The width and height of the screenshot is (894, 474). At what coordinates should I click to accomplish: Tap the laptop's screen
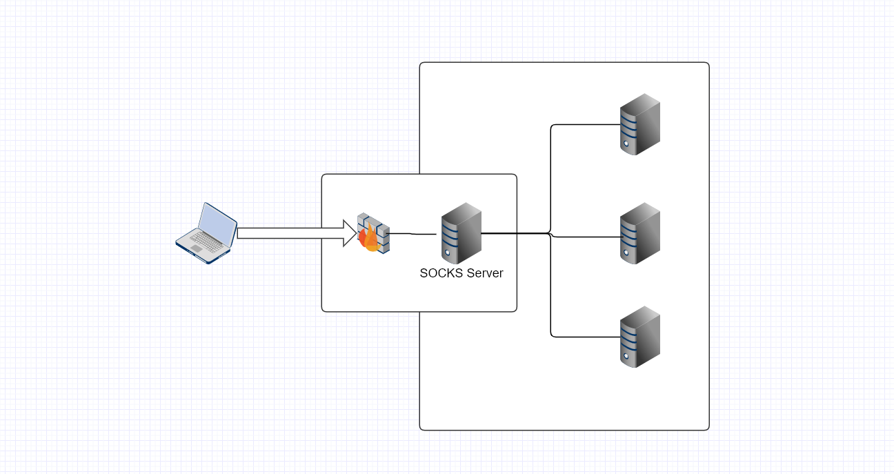217,224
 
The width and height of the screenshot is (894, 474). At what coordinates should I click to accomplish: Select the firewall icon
373,233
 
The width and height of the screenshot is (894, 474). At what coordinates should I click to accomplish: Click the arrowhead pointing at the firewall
348,233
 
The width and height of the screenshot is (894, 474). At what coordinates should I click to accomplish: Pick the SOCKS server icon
461,233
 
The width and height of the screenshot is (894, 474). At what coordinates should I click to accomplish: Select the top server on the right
639,124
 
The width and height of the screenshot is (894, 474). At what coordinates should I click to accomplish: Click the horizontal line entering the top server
586,125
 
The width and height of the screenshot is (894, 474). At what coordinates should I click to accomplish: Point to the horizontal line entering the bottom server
586,337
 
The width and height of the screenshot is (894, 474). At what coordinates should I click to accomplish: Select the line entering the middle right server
586,237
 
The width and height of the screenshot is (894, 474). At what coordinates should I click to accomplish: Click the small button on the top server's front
626,144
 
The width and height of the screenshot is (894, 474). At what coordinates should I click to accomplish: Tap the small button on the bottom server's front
626,356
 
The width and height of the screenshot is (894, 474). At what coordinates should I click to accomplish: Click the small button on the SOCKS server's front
448,253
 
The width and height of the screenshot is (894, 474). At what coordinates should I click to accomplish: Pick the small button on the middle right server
626,253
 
